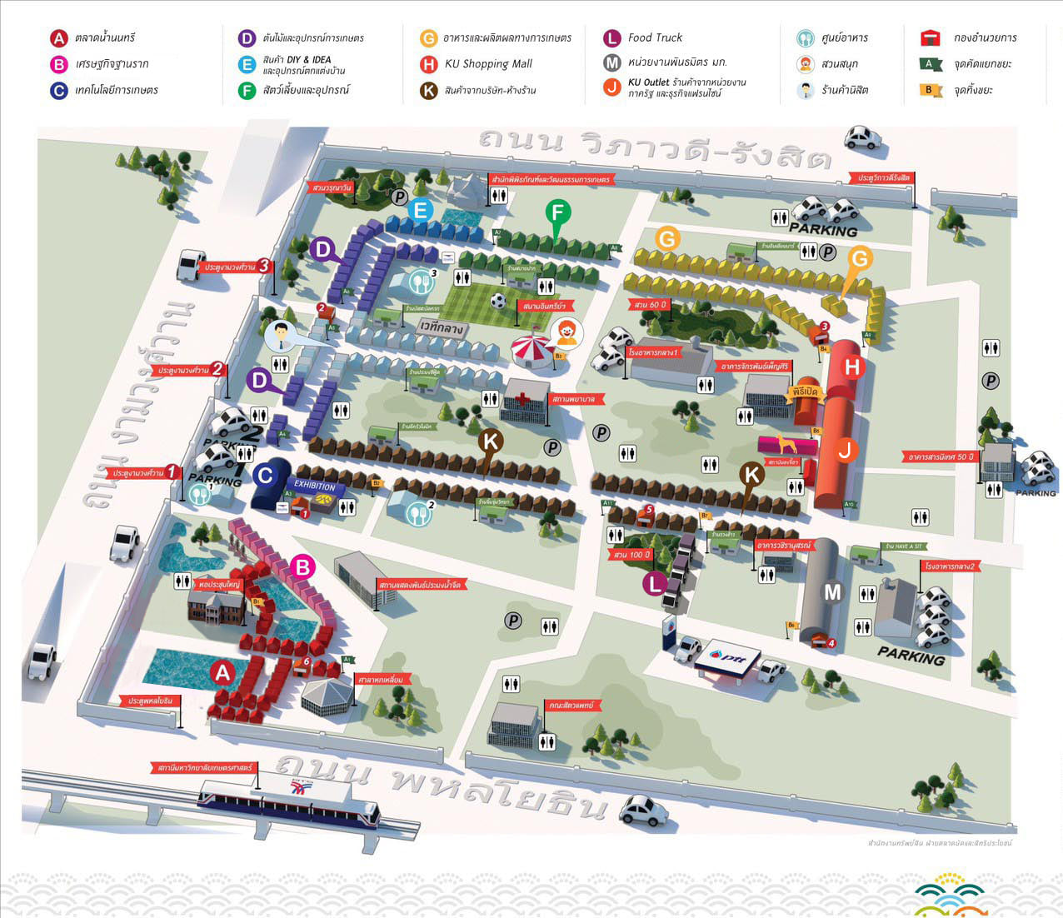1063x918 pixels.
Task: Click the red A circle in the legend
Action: point(58,38)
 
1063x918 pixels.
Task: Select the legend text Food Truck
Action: point(655,37)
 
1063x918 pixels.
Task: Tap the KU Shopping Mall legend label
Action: point(488,64)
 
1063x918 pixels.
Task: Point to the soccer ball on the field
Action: point(498,301)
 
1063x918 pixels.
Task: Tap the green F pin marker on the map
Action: point(558,213)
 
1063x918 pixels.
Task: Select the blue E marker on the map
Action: point(421,210)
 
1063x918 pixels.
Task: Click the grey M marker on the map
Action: point(832,592)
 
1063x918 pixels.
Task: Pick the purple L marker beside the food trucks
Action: point(655,584)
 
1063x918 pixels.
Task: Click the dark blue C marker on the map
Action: point(265,476)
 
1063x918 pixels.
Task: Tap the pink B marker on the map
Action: point(302,568)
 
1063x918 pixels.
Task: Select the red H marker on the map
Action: point(852,367)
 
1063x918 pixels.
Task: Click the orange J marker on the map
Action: point(846,451)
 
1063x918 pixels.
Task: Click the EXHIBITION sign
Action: point(314,486)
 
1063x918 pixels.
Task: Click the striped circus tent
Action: point(533,351)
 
